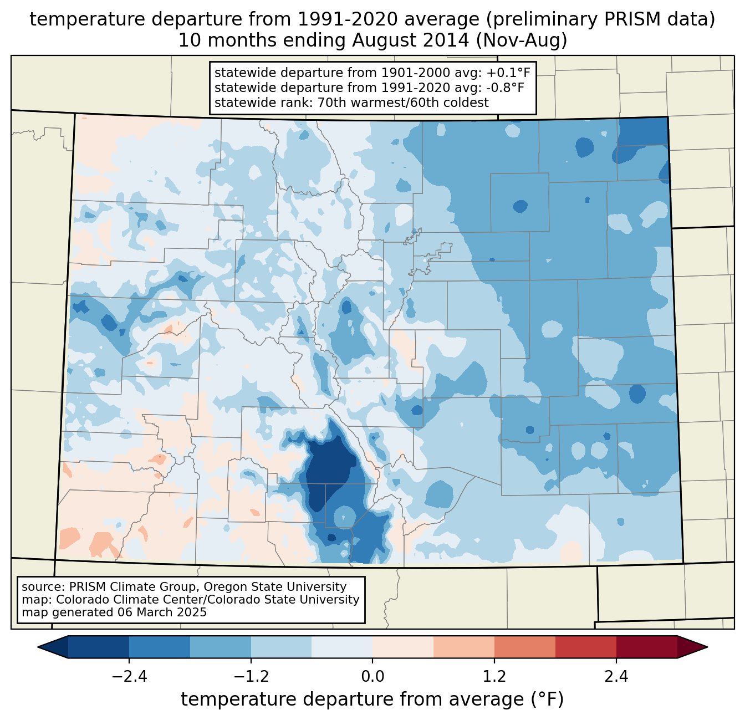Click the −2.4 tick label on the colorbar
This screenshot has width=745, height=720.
129,676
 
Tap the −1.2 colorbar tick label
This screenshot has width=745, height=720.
251,676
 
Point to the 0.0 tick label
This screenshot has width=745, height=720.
372,676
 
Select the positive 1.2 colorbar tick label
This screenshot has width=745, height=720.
494,676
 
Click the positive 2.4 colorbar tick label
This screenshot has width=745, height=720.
616,676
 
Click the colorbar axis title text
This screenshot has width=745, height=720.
372,699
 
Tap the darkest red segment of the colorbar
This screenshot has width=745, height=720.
646,647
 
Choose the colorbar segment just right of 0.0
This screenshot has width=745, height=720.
403,647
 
